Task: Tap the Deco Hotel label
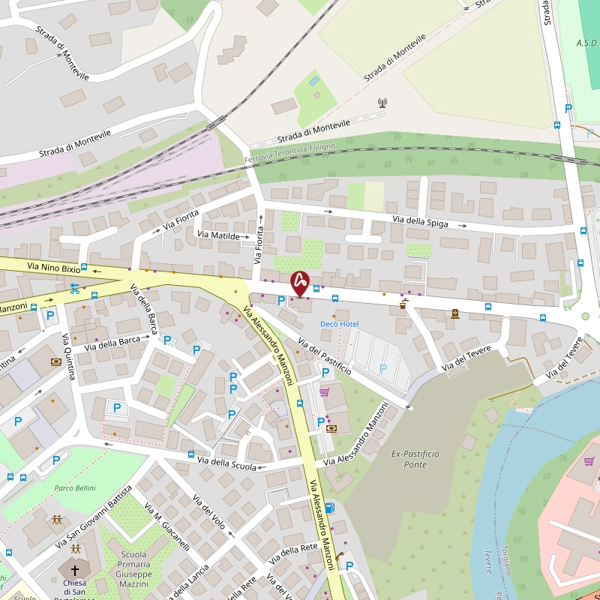tap(339, 324)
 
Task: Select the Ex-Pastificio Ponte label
tap(415, 459)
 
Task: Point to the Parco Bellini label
tap(75, 488)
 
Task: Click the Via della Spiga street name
tap(420, 221)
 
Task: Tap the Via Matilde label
tap(218, 235)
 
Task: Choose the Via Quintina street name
tap(67, 356)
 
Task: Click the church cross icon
tap(74, 571)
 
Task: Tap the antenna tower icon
tap(382, 102)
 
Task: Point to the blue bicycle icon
tap(74, 286)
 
